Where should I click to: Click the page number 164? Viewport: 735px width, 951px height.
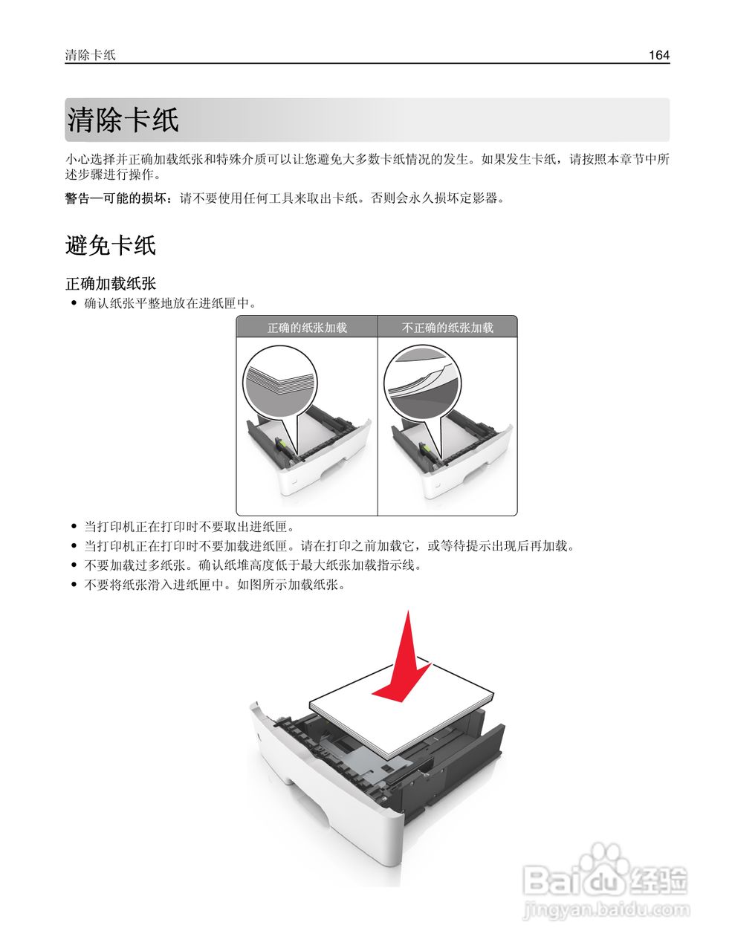tap(658, 55)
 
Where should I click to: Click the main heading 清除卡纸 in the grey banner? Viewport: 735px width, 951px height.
tap(123, 120)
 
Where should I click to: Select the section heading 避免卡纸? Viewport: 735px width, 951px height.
tap(110, 245)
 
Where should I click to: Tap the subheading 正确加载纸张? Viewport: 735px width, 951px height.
tap(111, 284)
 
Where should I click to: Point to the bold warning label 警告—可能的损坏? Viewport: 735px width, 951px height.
tap(119, 198)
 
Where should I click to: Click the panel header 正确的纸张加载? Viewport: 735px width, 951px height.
tap(307, 328)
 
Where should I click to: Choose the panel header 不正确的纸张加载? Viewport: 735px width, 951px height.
tap(447, 328)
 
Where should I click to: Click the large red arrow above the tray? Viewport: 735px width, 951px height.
tap(404, 665)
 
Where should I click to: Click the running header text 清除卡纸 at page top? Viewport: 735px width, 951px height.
tap(90, 55)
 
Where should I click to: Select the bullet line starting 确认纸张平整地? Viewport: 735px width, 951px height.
tap(169, 303)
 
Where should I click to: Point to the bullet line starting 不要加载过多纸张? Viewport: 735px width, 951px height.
tap(253, 565)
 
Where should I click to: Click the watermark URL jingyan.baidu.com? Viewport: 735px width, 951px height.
tap(606, 909)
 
